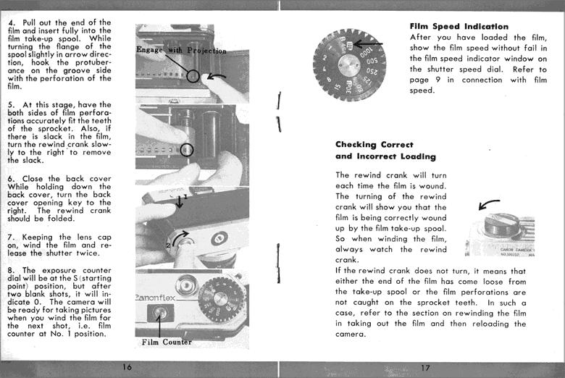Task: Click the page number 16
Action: (127, 366)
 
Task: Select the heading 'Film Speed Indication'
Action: (456, 25)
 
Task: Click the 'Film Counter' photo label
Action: (166, 342)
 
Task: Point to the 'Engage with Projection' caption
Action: (181, 51)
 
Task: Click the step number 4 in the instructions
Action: (11, 22)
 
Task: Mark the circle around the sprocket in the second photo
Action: (187, 149)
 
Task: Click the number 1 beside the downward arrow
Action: (185, 196)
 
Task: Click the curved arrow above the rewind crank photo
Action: (490, 209)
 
